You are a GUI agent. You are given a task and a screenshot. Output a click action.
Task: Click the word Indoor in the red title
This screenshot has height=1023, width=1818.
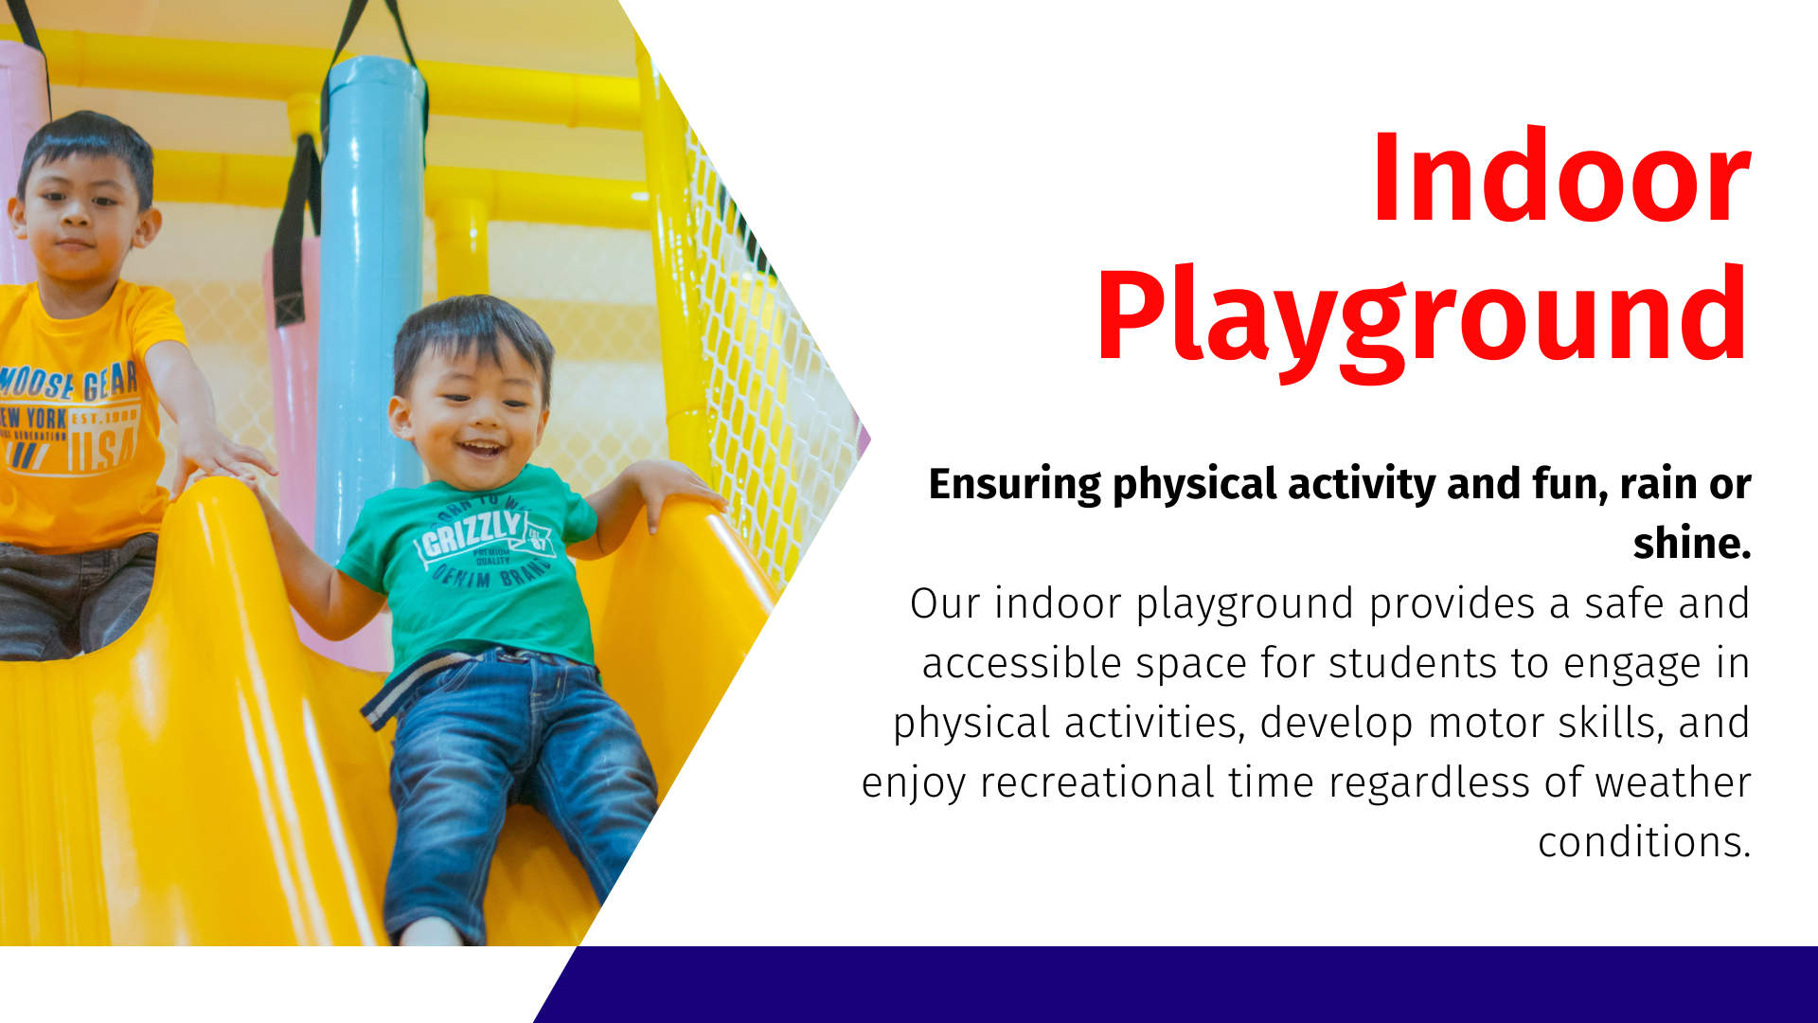click(x=1560, y=178)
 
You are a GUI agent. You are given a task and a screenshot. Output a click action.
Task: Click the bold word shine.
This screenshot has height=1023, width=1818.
click(x=1692, y=543)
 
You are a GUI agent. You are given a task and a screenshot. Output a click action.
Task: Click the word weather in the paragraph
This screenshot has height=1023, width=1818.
click(x=1672, y=782)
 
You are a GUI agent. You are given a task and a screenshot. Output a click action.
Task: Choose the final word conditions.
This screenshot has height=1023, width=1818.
click(x=1644, y=842)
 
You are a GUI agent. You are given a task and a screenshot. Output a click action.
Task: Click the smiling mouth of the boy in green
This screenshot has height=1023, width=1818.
click(x=483, y=447)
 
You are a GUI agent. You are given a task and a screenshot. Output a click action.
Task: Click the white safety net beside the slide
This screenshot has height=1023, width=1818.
click(x=767, y=360)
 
